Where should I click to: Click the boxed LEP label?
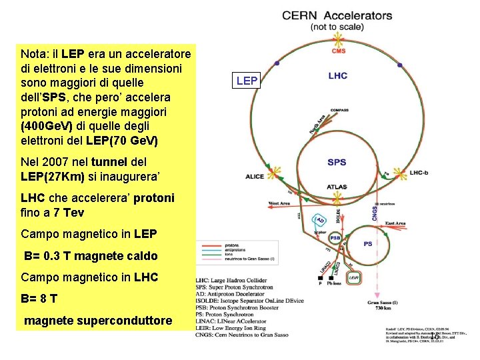tap(247, 81)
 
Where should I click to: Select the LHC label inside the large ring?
tap(337, 76)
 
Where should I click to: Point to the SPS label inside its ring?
tap(337, 162)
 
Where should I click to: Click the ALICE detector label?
tap(255, 177)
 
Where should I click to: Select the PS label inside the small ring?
tap(368, 244)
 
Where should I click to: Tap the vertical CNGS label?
tap(376, 213)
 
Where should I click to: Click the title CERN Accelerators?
tap(337, 15)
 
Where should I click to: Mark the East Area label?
tap(395, 223)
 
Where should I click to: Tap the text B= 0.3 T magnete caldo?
tap(91, 256)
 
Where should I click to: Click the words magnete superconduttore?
tap(98, 321)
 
